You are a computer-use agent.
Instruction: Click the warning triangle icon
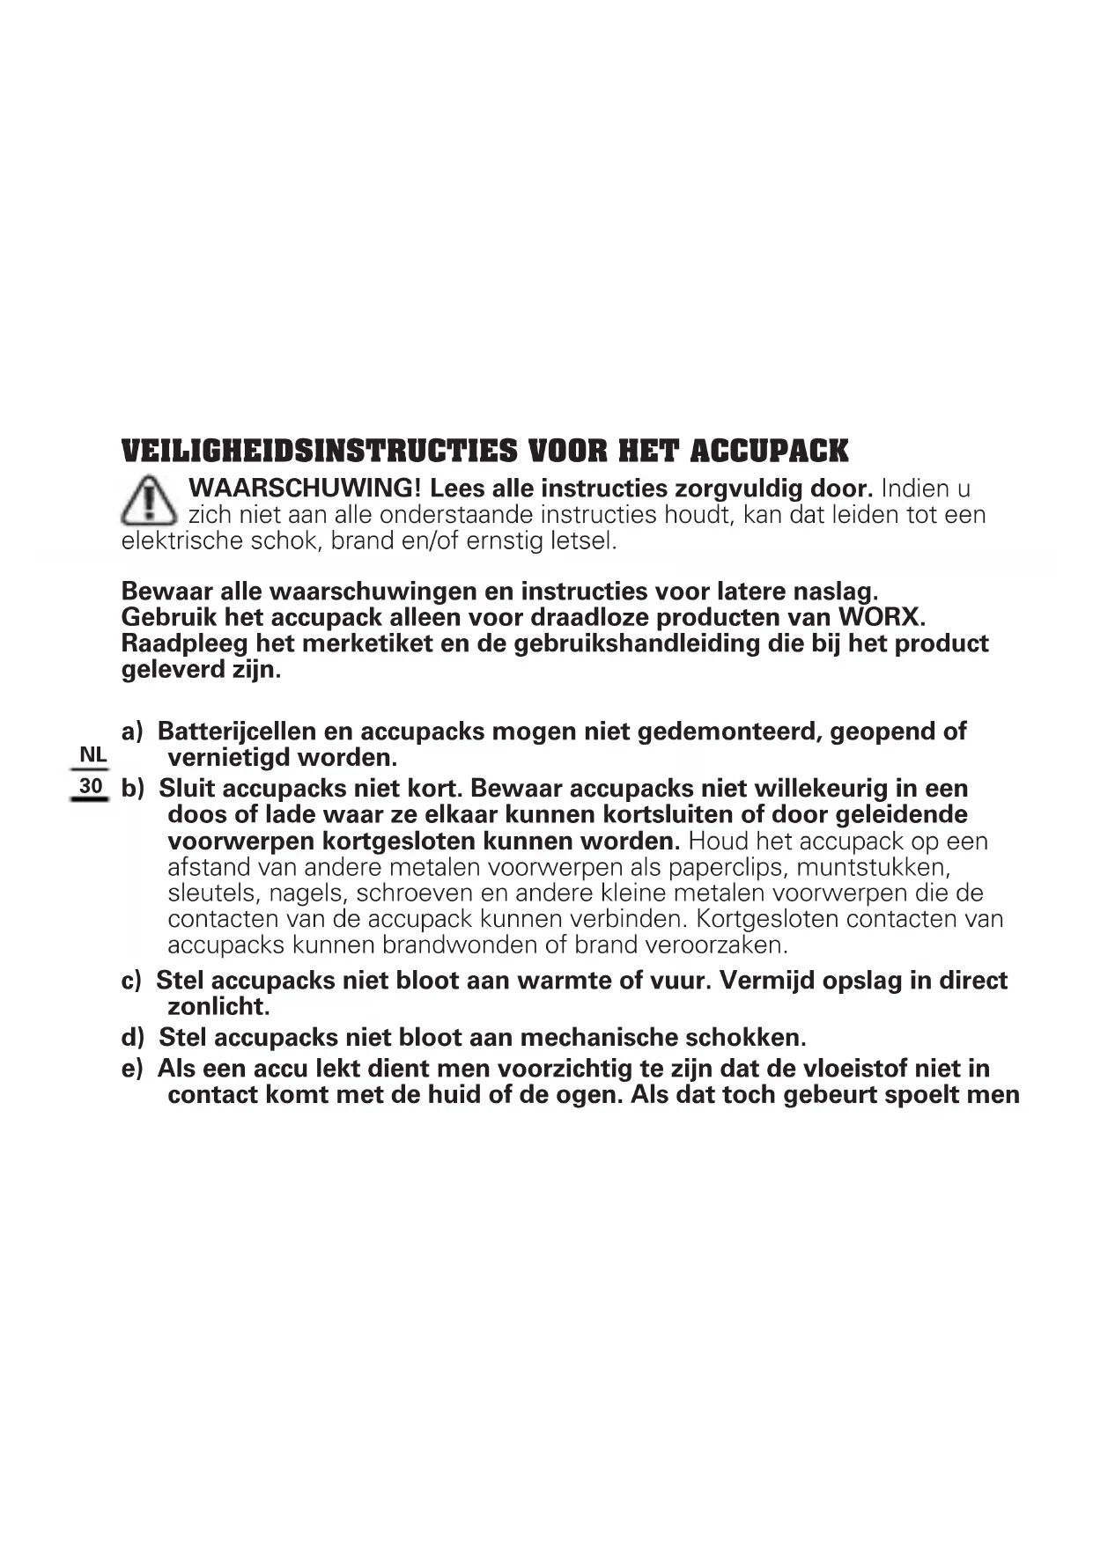pyautogui.click(x=149, y=500)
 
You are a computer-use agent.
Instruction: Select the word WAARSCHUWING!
pyautogui.click(x=306, y=489)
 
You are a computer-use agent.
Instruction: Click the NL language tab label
pyautogui.click(x=92, y=754)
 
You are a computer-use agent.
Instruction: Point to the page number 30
pyautogui.click(x=91, y=785)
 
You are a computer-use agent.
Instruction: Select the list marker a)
pyautogui.click(x=132, y=732)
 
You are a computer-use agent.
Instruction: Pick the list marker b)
pyautogui.click(x=132, y=789)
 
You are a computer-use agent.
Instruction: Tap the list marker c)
pyautogui.click(x=131, y=981)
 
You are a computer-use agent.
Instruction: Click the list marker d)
pyautogui.click(x=132, y=1038)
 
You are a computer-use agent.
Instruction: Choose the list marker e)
pyautogui.click(x=132, y=1069)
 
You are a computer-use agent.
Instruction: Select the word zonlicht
pyautogui.click(x=218, y=1006)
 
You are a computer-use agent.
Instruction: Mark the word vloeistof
pyautogui.click(x=855, y=1069)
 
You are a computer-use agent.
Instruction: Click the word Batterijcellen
pyautogui.click(x=236, y=732)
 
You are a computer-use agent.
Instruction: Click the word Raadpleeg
pyautogui.click(x=173, y=643)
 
